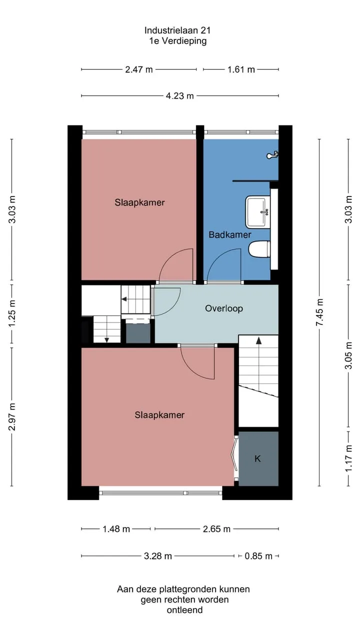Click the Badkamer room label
tap(229, 234)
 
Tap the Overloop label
tap(224, 308)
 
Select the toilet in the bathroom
tap(259, 249)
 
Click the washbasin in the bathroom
tap(258, 212)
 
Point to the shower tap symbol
tap(272, 155)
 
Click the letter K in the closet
tap(257, 458)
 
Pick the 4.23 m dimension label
tap(179, 95)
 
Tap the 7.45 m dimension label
tap(319, 312)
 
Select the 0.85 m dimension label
tap(258, 556)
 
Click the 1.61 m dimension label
tap(241, 69)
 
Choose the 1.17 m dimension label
tap(348, 459)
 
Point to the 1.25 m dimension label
tap(11, 313)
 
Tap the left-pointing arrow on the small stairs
tap(124, 299)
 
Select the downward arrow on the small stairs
tap(106, 339)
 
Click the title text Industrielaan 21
tap(177, 30)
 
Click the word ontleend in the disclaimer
tap(184, 610)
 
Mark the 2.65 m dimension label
tap(216, 529)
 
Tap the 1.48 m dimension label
tap(116, 529)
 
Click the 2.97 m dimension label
tap(11, 417)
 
